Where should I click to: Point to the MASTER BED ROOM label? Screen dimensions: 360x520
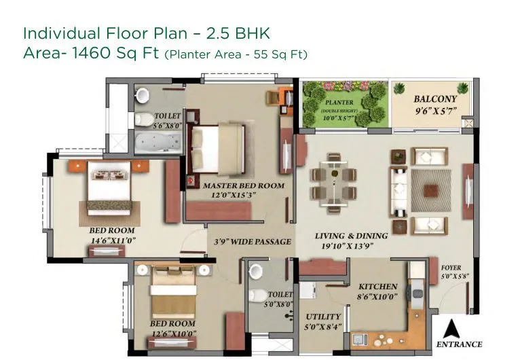(234, 185)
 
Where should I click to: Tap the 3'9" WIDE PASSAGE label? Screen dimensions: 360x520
(253, 241)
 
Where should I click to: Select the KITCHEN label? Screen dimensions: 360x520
(377, 286)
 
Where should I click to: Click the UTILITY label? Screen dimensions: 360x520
(323, 317)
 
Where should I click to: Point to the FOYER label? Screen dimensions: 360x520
(451, 268)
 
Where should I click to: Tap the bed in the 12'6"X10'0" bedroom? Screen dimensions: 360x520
(173, 291)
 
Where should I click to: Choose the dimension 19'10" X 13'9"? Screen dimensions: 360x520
(351, 246)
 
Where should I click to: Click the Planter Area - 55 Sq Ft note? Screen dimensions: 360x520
(236, 54)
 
